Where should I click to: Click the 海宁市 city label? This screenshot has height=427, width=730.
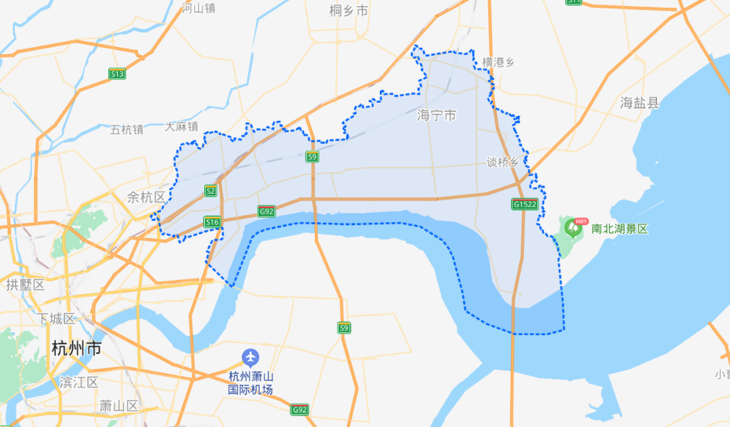436,116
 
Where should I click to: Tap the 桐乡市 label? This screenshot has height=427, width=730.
349,11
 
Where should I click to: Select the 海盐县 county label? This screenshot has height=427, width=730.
639,103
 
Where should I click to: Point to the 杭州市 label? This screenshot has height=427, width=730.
76,349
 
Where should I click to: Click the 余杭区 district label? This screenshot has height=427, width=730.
146,197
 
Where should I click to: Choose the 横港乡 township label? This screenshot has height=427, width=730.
498,62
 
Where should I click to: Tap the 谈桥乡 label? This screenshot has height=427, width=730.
503,162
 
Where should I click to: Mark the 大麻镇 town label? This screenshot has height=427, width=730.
181,126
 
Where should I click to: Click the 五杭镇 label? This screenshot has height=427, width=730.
126,129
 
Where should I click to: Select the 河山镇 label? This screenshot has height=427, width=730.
199,8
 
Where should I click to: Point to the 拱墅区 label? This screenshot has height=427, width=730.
25,284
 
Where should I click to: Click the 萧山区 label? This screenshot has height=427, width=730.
118,406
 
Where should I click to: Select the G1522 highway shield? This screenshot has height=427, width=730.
525,204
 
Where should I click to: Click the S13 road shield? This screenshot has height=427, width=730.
117,74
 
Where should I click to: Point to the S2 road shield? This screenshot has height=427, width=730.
211,191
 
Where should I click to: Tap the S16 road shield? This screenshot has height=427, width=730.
212,222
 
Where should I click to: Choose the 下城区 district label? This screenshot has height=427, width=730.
56,318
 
